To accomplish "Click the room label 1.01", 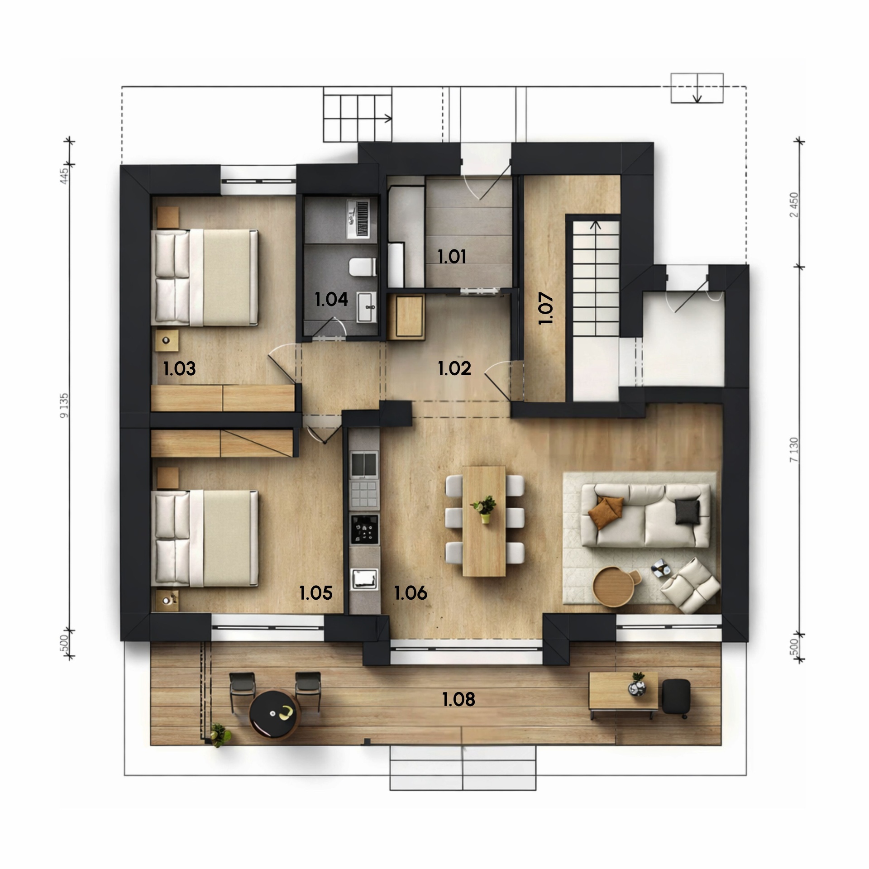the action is point(452,257).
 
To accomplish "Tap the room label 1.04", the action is point(331,299).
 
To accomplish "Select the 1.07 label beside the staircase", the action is point(546,308).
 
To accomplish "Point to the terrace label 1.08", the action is point(458,699).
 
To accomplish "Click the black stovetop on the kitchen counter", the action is point(364,528).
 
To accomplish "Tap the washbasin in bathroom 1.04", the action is point(367,307).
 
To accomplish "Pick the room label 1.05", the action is point(316,592).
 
